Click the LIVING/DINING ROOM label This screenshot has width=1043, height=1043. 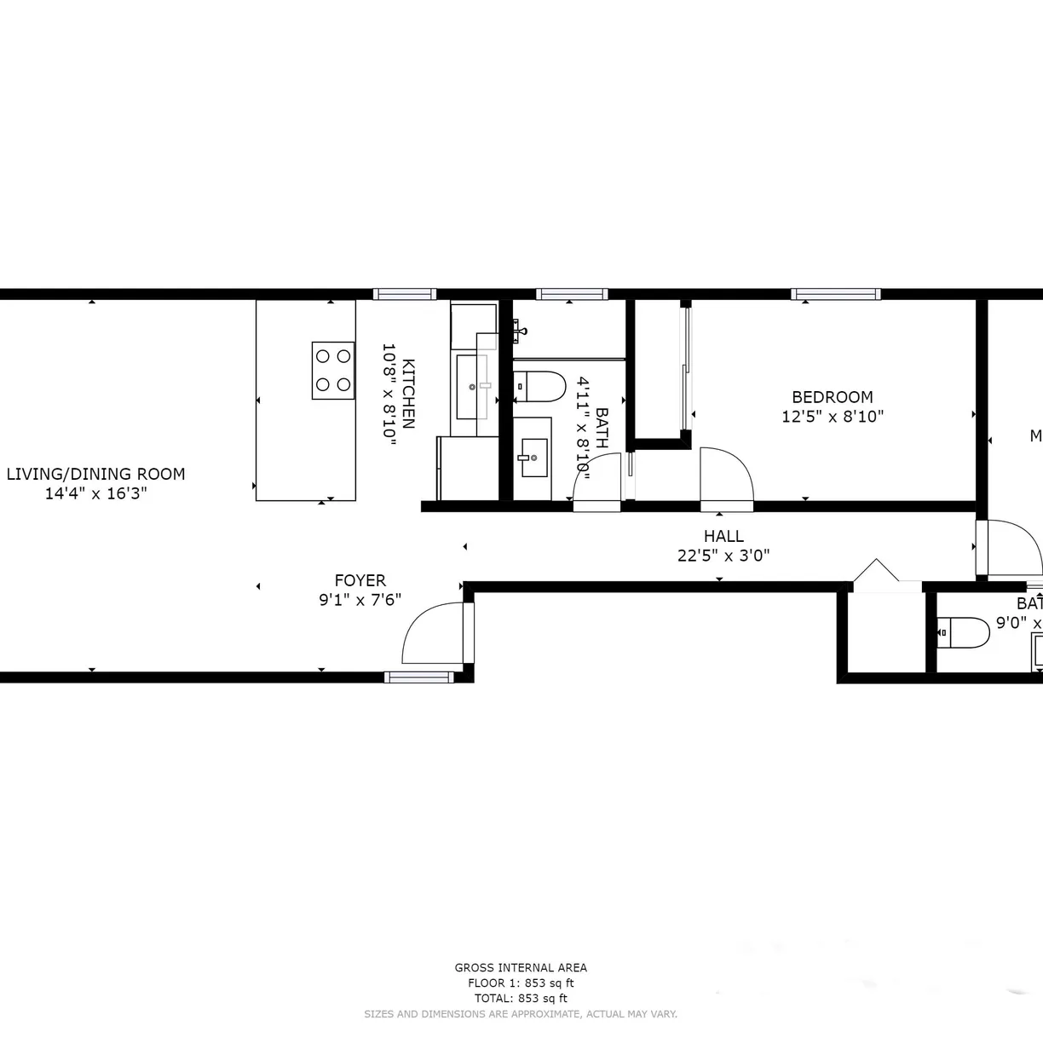(95, 474)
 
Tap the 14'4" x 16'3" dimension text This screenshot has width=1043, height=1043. (95, 493)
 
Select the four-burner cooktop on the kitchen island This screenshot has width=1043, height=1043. (333, 371)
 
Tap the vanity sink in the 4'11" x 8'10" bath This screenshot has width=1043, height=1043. (533, 458)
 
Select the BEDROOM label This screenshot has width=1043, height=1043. (832, 397)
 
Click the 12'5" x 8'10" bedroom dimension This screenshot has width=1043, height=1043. (832, 417)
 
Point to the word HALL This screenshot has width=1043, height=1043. (723, 536)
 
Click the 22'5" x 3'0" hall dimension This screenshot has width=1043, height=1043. (723, 556)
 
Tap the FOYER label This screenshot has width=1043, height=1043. (360, 581)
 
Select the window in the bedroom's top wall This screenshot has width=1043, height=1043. (835, 294)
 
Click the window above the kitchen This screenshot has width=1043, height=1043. (405, 294)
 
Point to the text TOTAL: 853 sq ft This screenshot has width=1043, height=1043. (521, 998)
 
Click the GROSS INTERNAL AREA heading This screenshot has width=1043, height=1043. (521, 967)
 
